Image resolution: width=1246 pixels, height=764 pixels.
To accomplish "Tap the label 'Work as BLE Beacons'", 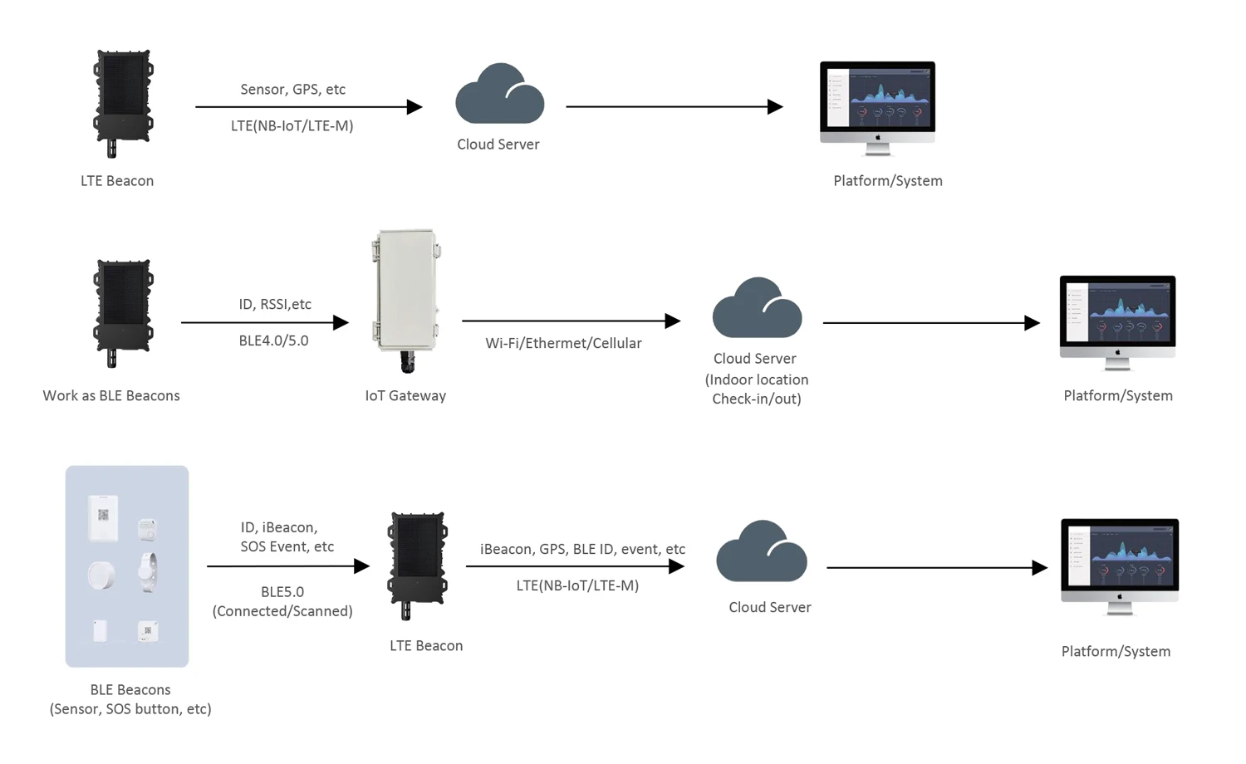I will [111, 396].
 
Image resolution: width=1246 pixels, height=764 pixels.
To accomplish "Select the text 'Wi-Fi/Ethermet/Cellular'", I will [563, 344].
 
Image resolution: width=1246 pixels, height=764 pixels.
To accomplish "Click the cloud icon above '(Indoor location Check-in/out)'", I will [757, 308].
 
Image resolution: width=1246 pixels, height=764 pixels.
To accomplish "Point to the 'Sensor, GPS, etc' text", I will [292, 90].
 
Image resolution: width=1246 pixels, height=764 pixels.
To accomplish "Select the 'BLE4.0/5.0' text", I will [273, 341].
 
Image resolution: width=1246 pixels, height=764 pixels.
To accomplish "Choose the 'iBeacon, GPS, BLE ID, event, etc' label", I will [582, 550].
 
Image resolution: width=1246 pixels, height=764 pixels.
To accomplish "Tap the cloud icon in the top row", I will [499, 95].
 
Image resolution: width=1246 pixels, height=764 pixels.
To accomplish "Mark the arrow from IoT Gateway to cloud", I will [571, 321].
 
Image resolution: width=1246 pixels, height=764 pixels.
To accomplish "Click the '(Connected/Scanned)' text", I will [282, 612].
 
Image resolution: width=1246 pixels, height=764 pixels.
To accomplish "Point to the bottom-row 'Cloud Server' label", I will [769, 608].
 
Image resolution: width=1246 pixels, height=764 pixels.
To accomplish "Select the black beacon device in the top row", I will [123, 101].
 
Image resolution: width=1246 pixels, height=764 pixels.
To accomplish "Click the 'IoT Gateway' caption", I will [405, 396].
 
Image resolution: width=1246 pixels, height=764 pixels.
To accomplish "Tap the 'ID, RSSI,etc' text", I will [275, 305].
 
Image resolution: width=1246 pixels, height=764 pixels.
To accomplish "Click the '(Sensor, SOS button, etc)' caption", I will [130, 709].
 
